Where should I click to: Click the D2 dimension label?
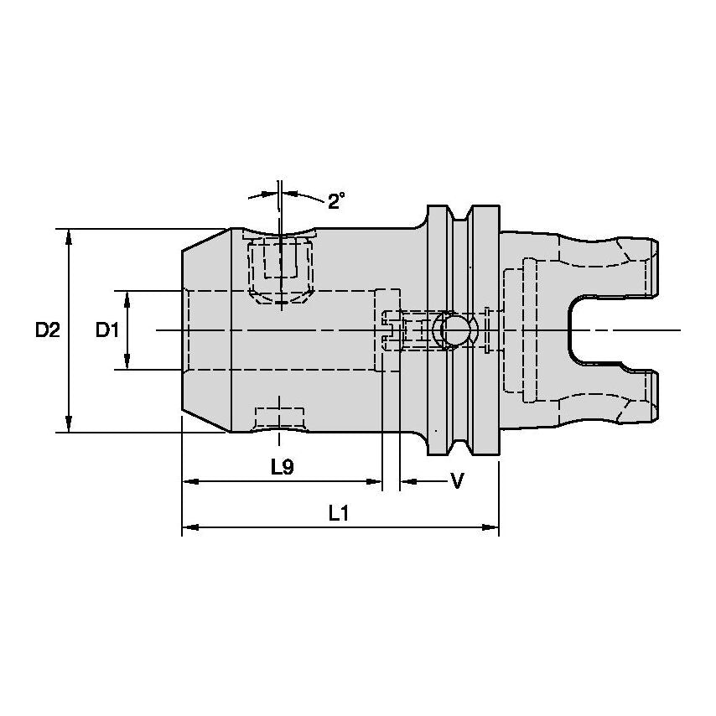tap(47, 330)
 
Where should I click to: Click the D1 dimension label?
tap(106, 330)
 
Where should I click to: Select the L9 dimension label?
tap(283, 467)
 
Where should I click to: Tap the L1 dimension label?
tap(338, 513)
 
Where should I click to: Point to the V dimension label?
tap(457, 480)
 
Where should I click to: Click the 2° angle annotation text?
tap(337, 201)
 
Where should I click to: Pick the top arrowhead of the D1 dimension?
tap(127, 298)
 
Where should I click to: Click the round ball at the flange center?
tap(454, 330)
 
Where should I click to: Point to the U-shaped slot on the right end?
tap(587, 330)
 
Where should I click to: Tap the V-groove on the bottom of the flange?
tap(459, 444)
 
